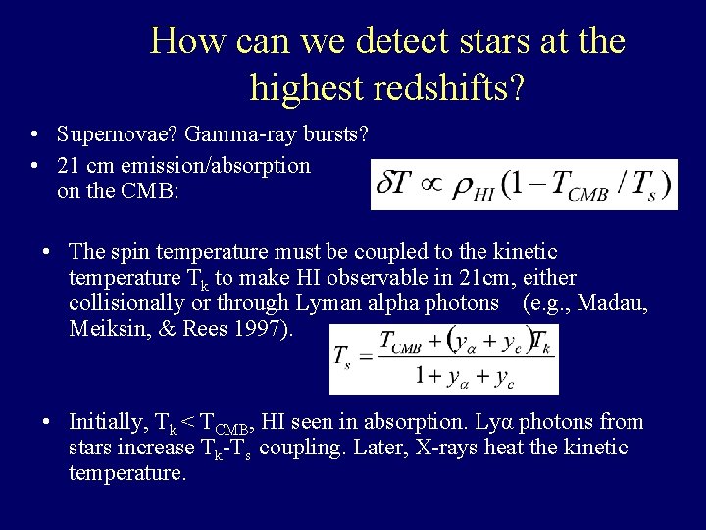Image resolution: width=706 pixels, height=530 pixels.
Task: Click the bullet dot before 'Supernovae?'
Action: pyautogui.click(x=34, y=133)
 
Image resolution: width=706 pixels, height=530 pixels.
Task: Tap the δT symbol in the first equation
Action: pyautogui.click(x=396, y=184)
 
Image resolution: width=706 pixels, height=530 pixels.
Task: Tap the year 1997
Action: pyautogui.click(x=266, y=329)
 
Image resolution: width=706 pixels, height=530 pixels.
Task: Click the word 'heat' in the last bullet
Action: pyautogui.click(x=533, y=449)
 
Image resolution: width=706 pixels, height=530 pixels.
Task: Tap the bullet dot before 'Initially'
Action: pyautogui.click(x=47, y=423)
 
